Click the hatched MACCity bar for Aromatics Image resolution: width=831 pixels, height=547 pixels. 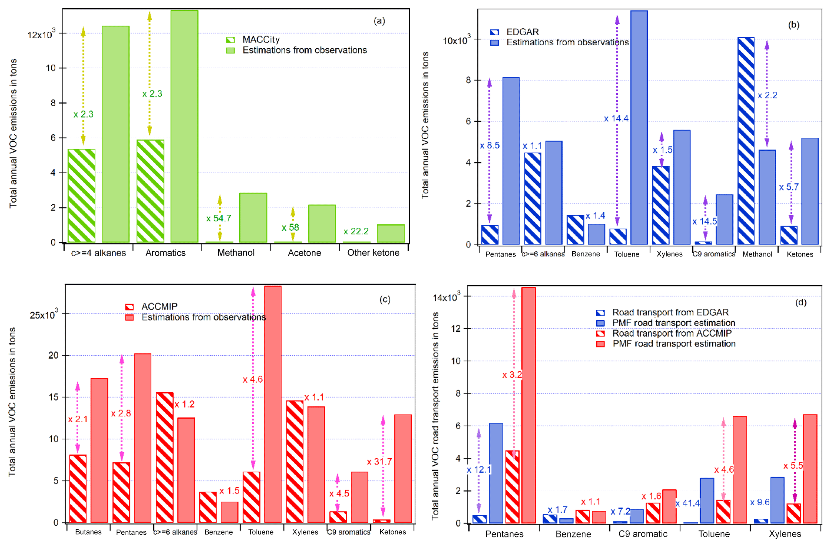(x=150, y=191)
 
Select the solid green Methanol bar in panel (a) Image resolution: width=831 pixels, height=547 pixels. (x=253, y=217)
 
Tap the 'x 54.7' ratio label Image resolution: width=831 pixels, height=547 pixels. (x=219, y=218)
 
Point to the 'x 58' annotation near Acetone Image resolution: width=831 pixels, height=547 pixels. (x=290, y=227)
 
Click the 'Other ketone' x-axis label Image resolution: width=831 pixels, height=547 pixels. (x=373, y=253)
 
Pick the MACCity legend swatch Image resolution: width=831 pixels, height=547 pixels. (x=230, y=40)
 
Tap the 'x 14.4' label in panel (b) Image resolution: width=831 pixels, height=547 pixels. (x=616, y=118)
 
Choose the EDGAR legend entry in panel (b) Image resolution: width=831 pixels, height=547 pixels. (x=522, y=32)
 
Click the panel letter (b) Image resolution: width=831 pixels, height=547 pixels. (x=794, y=25)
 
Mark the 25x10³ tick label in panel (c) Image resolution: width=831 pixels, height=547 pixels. (x=43, y=315)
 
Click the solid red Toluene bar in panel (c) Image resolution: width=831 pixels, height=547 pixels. (x=273, y=404)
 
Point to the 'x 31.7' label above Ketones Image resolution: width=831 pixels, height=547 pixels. (x=379, y=462)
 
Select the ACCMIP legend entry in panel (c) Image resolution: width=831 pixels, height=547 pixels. (x=159, y=307)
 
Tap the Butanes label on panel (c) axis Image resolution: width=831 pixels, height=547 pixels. (x=88, y=532)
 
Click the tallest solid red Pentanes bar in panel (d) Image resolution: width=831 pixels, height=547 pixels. (x=529, y=405)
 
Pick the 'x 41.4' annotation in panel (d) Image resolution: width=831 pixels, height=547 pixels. (x=687, y=504)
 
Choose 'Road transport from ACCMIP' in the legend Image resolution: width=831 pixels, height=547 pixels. (x=672, y=333)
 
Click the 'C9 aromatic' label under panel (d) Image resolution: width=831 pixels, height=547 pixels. (x=643, y=534)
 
